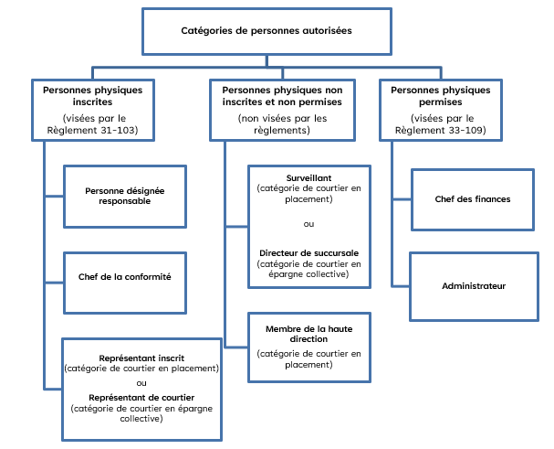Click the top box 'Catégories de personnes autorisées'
(267, 31)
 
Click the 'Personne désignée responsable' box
(124, 196)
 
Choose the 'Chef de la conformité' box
(124, 275)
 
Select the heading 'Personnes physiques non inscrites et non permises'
(282, 96)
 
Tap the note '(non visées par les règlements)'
(282, 124)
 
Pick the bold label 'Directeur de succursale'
(309, 252)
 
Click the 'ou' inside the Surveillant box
(309, 223)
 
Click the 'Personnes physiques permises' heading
(441, 96)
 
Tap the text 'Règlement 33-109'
(441, 131)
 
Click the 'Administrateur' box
(474, 286)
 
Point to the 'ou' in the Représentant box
(141, 382)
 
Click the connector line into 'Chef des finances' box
(402, 198)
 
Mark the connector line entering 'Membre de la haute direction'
(237, 347)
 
